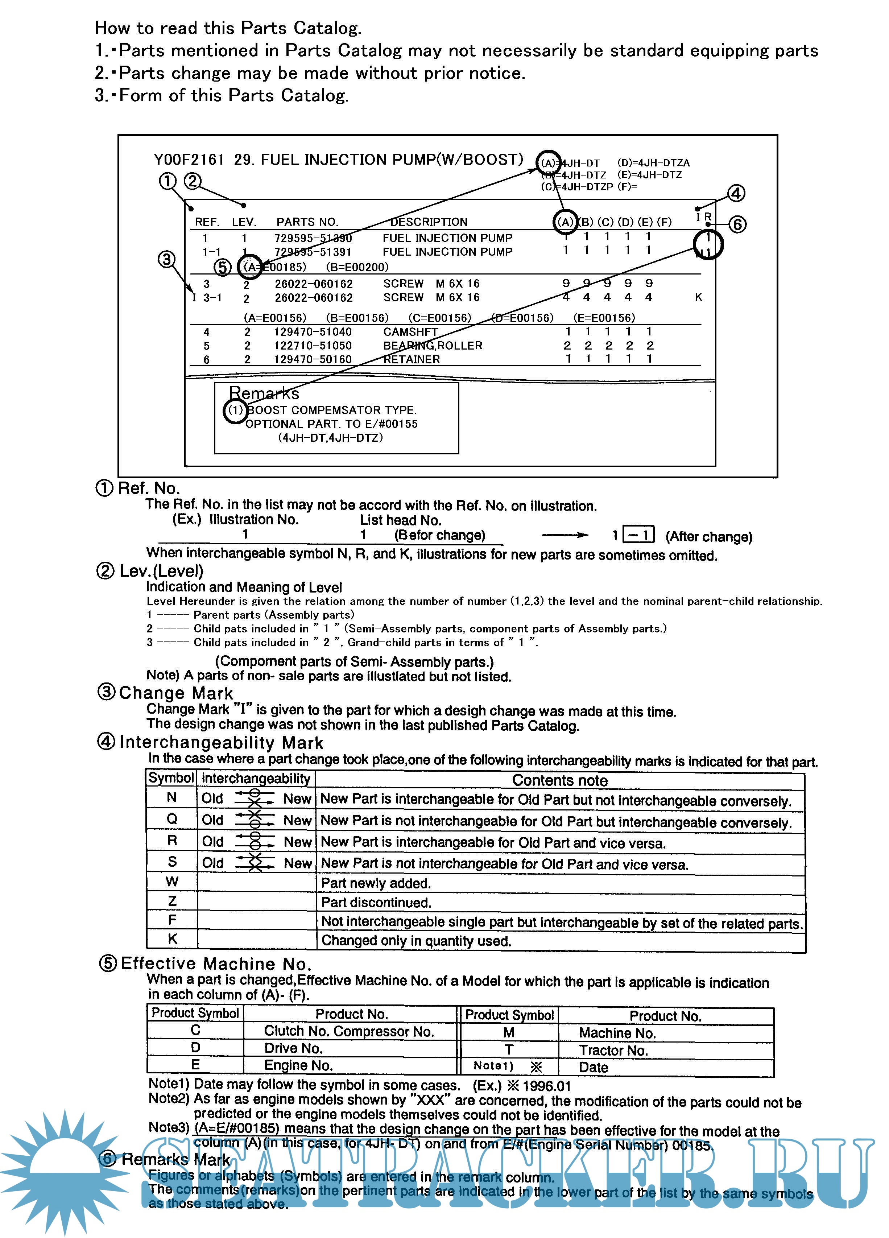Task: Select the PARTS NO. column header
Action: [x=307, y=222]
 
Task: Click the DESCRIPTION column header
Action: [x=429, y=222]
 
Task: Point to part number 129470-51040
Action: [x=313, y=332]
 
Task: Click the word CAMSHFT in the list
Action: [x=410, y=332]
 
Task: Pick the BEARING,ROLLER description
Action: [x=432, y=346]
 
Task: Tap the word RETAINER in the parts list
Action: [x=412, y=359]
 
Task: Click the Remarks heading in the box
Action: [x=264, y=393]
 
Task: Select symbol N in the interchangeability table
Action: [x=171, y=797]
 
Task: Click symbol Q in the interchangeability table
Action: [x=172, y=819]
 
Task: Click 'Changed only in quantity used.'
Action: [x=416, y=941]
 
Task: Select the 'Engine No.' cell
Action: [x=298, y=1065]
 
